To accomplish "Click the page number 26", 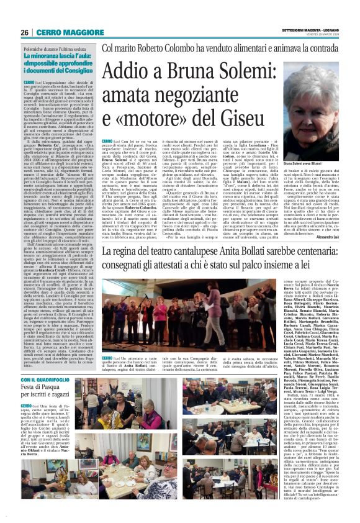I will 25,32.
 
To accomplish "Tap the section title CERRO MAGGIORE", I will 61,32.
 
